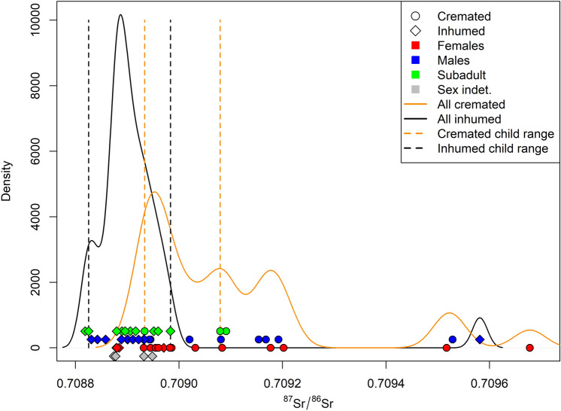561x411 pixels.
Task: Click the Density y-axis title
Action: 9,184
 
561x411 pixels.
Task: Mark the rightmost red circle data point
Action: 529,348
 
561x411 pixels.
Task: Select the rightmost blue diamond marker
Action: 479,339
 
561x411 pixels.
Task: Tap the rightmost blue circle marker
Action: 453,339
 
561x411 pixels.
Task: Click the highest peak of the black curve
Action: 120,15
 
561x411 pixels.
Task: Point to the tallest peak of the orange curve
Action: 155,192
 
